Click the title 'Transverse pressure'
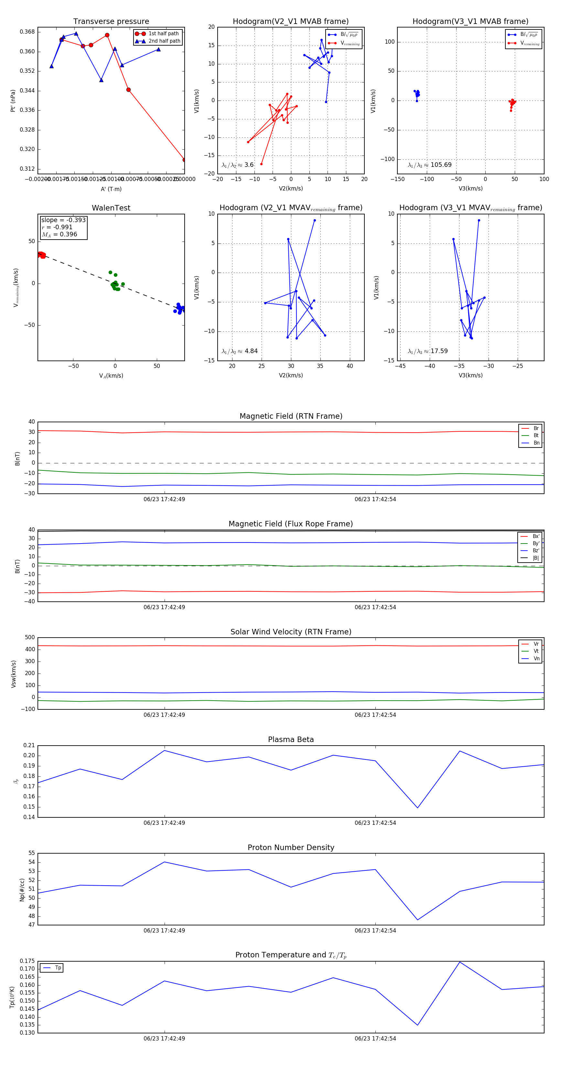tap(111, 22)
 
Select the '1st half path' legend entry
tap(164, 34)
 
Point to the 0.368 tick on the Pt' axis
tap(27, 32)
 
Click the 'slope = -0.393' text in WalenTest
tap(63, 220)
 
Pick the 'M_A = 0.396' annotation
tap(59, 234)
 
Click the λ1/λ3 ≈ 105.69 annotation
tap(430, 165)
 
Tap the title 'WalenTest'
tap(111, 208)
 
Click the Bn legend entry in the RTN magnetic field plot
tap(536, 443)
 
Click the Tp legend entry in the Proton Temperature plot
tap(58, 968)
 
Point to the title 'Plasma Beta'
tap(291, 740)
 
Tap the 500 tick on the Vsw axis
tap(30, 638)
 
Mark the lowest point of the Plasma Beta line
tap(417, 808)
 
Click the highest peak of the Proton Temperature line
tap(460, 962)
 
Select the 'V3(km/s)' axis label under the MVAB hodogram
tap(470, 189)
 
